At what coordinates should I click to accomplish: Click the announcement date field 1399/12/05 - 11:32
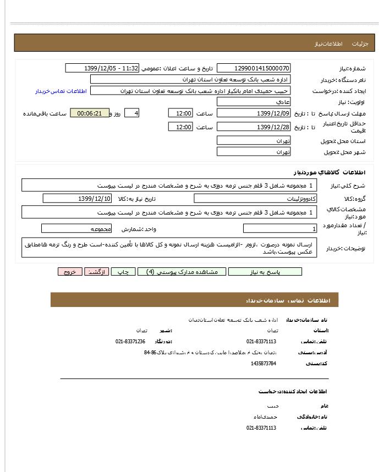(x=102, y=68)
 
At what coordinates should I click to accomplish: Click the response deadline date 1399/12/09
(x=254, y=113)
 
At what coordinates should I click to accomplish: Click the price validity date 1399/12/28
(x=254, y=127)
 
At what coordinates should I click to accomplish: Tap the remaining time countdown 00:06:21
(x=90, y=113)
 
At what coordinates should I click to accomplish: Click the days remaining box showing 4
(x=131, y=113)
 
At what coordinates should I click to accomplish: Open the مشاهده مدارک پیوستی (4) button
(x=179, y=272)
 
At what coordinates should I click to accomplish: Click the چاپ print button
(x=124, y=272)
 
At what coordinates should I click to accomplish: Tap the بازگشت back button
(x=97, y=272)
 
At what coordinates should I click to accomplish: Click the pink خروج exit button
(x=70, y=272)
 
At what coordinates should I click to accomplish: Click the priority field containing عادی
(x=254, y=102)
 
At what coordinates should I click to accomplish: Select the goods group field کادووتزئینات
(x=255, y=199)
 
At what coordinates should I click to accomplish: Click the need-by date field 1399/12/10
(x=77, y=199)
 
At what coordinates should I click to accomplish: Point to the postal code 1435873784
(x=263, y=363)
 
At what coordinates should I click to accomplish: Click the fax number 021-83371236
(x=130, y=342)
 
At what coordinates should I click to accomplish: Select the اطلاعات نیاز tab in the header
(x=328, y=43)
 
